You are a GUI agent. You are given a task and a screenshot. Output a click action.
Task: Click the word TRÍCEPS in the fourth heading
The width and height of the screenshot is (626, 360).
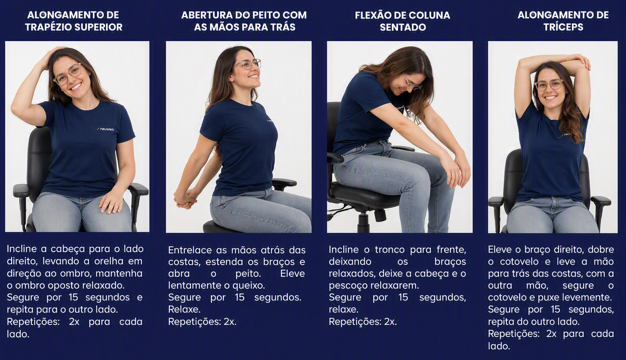(x=563, y=27)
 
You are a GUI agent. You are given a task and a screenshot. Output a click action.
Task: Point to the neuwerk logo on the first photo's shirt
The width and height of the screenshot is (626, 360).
(x=106, y=129)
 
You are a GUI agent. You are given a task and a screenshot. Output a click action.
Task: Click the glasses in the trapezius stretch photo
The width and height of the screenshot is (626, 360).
(x=68, y=74)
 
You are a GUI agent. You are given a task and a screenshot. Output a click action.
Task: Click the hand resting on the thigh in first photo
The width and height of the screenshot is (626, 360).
(x=112, y=202)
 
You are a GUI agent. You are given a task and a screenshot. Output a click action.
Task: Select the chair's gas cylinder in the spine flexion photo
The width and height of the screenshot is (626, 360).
(x=363, y=222)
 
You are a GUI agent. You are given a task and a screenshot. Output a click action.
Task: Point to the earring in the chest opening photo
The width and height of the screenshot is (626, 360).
(x=232, y=80)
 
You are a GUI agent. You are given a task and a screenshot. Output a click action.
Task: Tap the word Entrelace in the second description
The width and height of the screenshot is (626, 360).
(x=190, y=250)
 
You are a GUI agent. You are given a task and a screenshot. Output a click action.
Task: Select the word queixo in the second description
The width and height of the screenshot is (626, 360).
(x=248, y=285)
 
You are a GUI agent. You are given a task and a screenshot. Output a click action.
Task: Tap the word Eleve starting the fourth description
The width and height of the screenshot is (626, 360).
(x=499, y=249)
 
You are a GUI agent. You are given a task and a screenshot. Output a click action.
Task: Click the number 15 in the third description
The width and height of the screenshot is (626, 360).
(x=403, y=297)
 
